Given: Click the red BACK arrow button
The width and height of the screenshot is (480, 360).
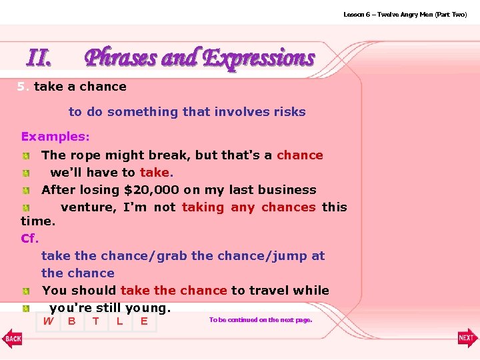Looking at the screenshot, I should click(12, 338).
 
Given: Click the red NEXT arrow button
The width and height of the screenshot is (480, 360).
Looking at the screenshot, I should click(467, 338).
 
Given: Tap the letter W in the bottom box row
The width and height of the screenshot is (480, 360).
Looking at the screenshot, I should click(48, 322).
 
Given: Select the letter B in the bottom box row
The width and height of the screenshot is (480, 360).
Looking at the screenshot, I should click(71, 322).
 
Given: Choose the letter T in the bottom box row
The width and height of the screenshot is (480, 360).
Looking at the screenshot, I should click(95, 322).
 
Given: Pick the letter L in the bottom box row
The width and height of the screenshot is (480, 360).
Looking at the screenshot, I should click(119, 322).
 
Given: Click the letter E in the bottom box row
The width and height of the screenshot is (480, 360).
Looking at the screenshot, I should click(143, 322).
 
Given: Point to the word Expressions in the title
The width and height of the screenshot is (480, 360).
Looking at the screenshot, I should click(258, 58).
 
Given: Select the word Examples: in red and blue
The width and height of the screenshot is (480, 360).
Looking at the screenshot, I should click(55, 137).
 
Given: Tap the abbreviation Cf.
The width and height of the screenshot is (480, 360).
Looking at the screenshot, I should click(30, 238).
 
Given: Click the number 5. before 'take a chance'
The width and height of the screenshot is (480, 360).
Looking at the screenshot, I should click(23, 87).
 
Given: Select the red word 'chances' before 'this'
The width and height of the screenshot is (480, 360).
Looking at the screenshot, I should click(288, 207).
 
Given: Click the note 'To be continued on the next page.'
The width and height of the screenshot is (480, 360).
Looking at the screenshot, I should click(260, 320).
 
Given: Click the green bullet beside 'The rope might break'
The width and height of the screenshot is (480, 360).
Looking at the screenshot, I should click(25, 156).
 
